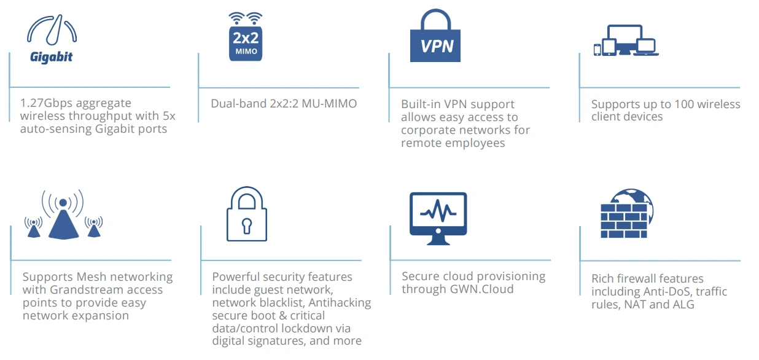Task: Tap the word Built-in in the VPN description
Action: [421, 104]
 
